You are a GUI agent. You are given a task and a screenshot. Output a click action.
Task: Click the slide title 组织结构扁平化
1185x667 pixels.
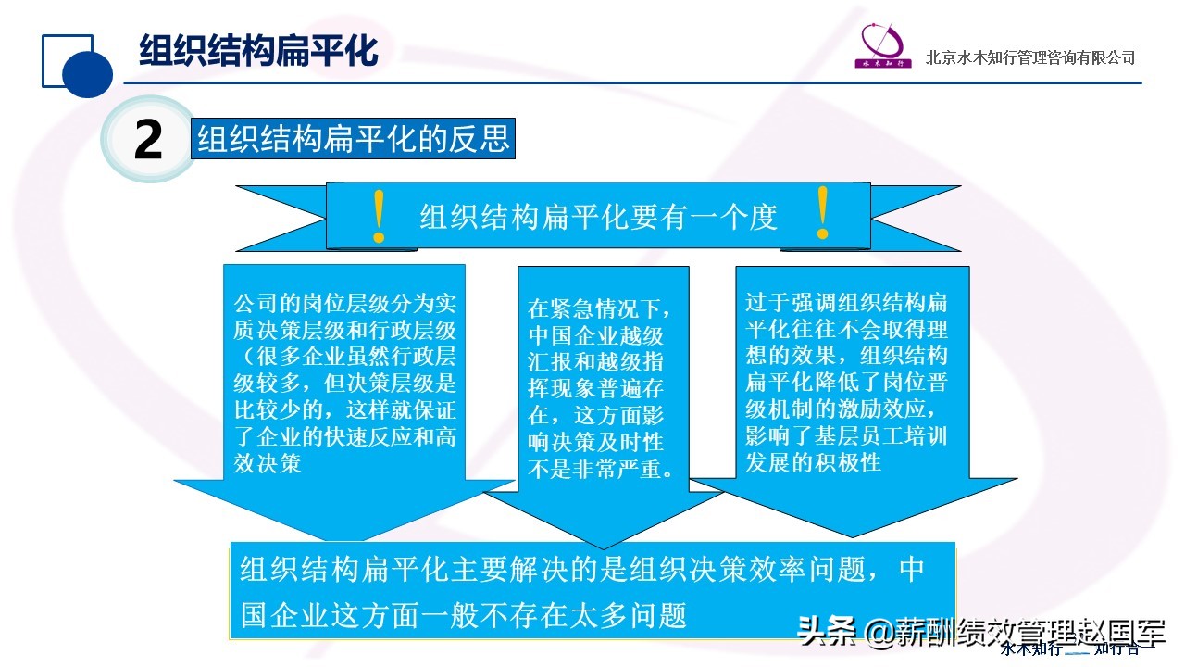258,51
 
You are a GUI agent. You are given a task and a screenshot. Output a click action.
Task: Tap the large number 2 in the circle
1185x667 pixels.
148,141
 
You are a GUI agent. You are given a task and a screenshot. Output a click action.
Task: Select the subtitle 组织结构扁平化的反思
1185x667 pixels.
353,139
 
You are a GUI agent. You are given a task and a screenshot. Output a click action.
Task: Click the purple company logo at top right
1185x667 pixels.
884,45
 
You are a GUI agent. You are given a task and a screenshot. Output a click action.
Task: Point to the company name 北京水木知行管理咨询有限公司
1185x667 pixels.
1030,57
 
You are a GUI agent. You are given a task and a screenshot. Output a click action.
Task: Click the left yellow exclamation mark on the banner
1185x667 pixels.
378,217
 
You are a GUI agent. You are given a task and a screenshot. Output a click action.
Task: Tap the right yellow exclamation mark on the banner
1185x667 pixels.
822,213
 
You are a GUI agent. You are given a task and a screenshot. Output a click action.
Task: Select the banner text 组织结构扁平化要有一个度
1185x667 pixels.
598,217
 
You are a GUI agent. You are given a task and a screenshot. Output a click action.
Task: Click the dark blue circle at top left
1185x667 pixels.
87,72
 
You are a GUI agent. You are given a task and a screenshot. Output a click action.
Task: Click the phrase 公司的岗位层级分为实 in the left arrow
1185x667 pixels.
345,304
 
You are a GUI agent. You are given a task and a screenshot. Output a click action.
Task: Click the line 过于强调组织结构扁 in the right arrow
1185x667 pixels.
846,303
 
